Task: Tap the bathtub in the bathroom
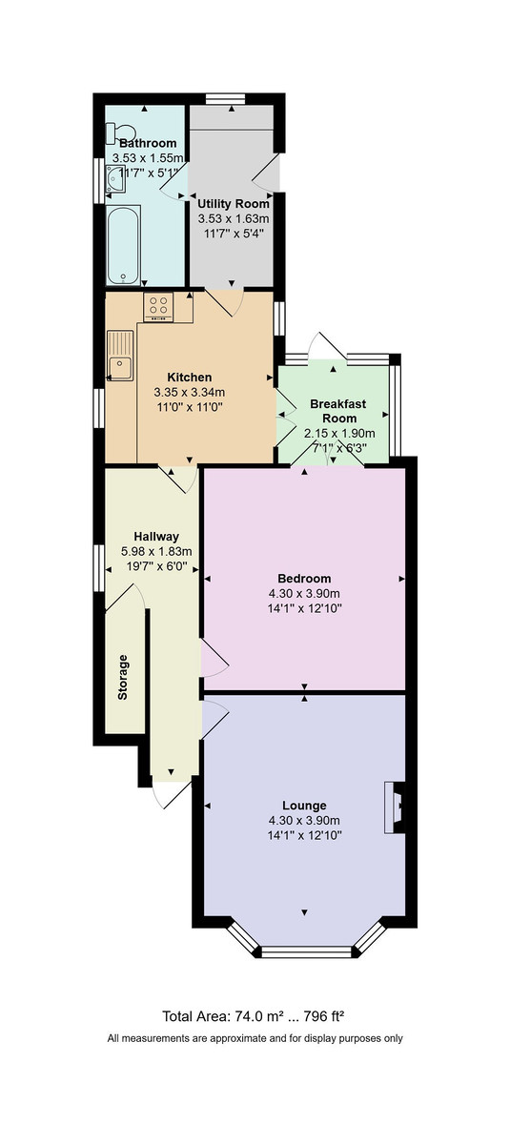click(x=124, y=246)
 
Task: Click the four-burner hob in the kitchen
click(x=159, y=308)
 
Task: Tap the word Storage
click(x=122, y=678)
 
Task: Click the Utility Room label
click(x=234, y=203)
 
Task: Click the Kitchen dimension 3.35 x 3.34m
click(x=189, y=392)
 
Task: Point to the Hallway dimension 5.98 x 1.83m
click(x=156, y=551)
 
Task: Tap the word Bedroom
click(x=304, y=579)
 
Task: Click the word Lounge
click(x=304, y=806)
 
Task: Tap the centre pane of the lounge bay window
click(x=306, y=950)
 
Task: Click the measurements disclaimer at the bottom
click(x=255, y=1038)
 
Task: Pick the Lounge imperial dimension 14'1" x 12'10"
click(x=304, y=834)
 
